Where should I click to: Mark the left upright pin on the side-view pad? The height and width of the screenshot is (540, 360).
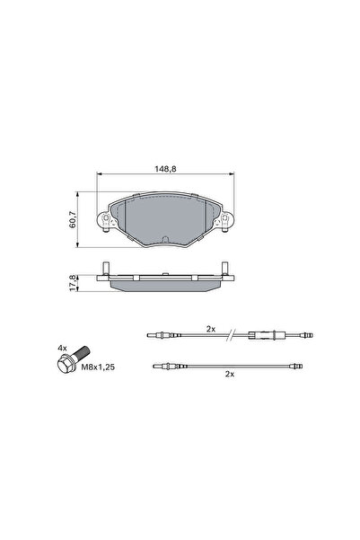(106, 267)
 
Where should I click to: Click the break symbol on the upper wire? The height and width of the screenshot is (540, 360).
(233, 336)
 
